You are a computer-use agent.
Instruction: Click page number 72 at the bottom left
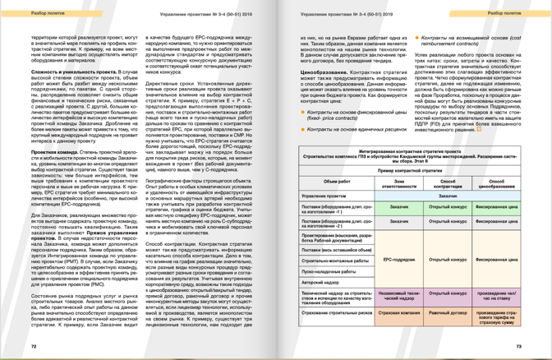tap(34, 347)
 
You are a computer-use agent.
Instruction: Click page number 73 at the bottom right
tap(517, 347)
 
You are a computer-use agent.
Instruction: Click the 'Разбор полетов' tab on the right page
tap(503, 14)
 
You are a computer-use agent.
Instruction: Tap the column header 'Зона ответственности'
tap(399, 182)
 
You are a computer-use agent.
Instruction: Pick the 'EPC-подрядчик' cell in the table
tap(399, 260)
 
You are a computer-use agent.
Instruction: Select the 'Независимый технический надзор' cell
tap(399, 296)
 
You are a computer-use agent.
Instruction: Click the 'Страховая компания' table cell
tap(399, 313)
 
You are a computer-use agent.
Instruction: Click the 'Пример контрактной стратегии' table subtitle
tap(412, 169)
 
